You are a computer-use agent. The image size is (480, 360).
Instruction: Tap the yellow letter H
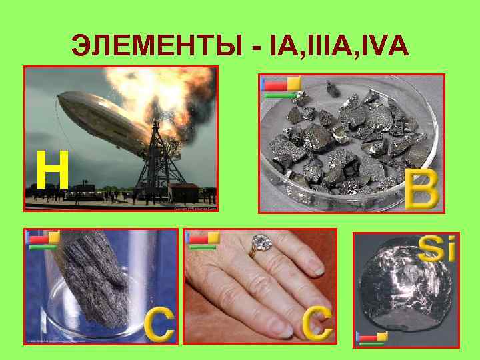tap(52, 171)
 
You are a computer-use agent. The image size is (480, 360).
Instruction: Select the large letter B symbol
tap(422, 188)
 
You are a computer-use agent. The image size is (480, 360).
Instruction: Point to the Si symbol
tap(437, 249)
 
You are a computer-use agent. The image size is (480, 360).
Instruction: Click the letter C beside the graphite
tap(159, 323)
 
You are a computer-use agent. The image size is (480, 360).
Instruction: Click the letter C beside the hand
tap(317, 323)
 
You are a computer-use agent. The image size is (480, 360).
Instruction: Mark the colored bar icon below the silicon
tap(372, 337)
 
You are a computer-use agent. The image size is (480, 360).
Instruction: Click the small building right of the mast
tap(184, 193)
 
